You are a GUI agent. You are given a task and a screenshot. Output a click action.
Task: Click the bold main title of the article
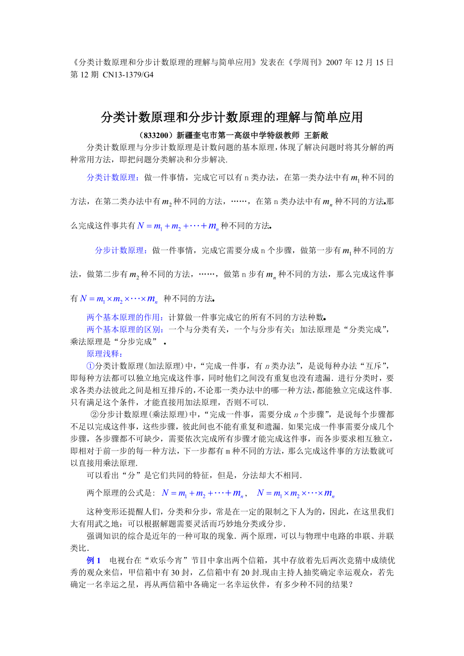[231, 117]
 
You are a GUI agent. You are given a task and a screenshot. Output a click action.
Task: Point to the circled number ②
[94, 414]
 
